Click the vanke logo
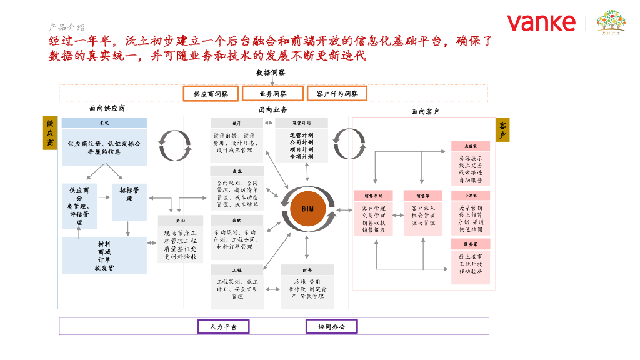click(x=541, y=23)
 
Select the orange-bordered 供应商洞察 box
click(x=211, y=94)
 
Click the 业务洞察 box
click(x=272, y=94)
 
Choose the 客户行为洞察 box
click(x=337, y=94)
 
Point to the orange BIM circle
click(x=307, y=208)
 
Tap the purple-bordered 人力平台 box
click(x=223, y=326)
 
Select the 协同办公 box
click(x=331, y=326)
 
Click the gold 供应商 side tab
click(x=50, y=132)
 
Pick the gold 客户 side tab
click(x=503, y=130)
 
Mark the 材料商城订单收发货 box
click(x=104, y=256)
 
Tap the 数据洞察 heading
click(x=271, y=72)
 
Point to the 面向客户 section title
click(x=425, y=111)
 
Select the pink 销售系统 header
click(x=373, y=196)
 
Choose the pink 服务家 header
click(x=470, y=244)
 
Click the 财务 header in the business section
click(x=307, y=270)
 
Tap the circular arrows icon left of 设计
click(x=169, y=139)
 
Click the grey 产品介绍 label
click(x=67, y=27)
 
